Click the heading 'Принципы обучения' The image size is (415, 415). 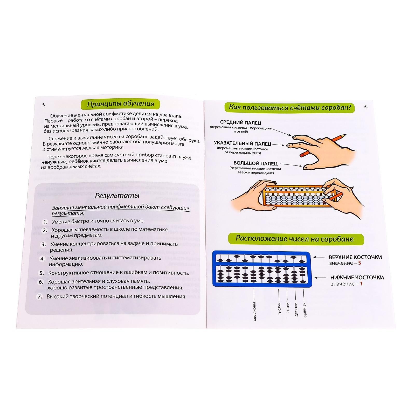point(120,104)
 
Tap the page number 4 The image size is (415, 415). point(43,104)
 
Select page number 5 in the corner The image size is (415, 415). point(366,106)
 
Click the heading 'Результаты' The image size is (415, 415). point(117,195)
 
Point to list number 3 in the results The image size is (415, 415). point(44,244)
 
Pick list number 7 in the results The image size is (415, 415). point(40,296)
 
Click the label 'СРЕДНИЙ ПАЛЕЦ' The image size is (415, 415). point(240,122)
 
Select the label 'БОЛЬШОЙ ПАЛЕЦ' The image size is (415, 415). point(255,163)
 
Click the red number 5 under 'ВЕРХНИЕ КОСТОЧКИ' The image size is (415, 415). point(359,263)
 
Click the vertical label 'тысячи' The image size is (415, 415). point(279,308)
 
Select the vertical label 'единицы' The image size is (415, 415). point(304,310)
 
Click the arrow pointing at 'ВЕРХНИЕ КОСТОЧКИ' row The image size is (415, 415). point(319,258)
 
